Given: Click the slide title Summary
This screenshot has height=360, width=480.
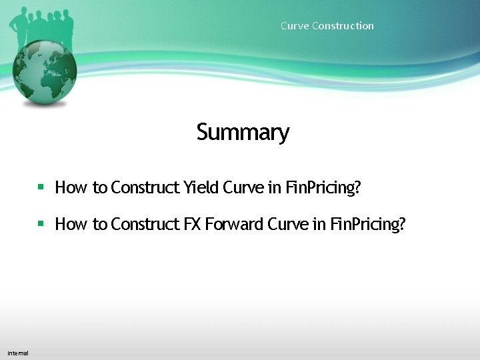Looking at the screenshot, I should click(x=243, y=132).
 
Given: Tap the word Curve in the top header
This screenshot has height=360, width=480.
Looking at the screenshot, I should click(x=294, y=26).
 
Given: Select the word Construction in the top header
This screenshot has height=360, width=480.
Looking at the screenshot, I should click(x=343, y=26).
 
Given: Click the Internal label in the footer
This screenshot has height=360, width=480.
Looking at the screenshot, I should click(x=18, y=353).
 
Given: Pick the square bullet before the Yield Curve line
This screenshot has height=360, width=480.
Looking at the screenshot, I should click(x=41, y=187).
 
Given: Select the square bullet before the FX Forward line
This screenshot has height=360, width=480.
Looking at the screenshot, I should click(x=41, y=224).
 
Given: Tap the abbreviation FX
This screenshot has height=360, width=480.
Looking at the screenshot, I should click(x=192, y=224).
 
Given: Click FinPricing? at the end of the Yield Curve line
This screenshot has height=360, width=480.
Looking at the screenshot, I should click(x=323, y=187).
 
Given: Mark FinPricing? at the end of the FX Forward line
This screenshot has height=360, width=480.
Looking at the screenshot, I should click(x=367, y=224).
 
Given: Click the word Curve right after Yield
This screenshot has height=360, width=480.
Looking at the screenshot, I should click(x=243, y=187).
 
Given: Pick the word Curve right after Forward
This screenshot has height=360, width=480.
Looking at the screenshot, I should click(x=287, y=224).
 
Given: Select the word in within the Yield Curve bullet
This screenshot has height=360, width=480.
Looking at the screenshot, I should click(x=274, y=187).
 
